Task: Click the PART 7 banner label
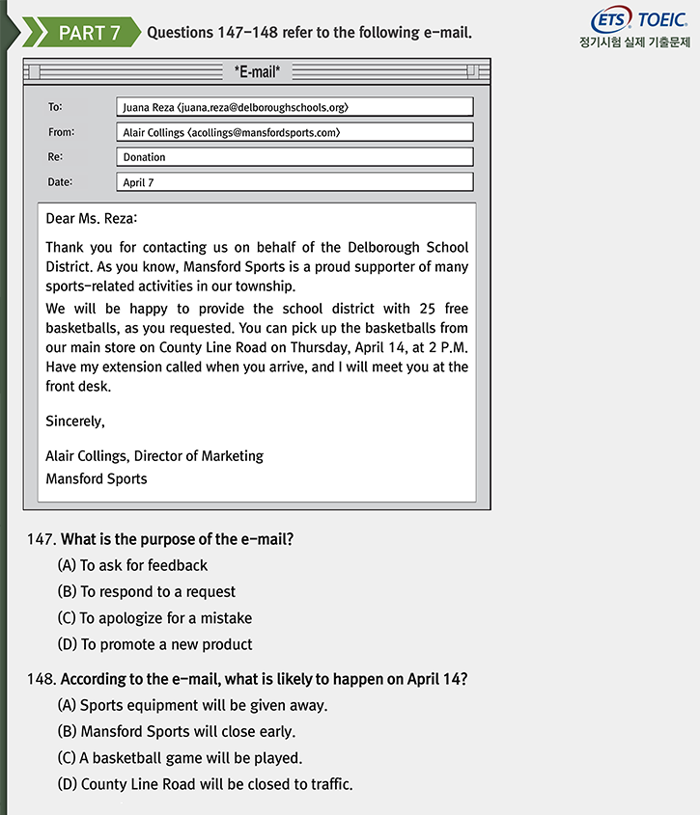click(89, 33)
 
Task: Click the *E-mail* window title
click(257, 71)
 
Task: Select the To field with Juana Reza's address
click(294, 107)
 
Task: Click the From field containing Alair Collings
click(294, 132)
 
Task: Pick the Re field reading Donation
click(294, 157)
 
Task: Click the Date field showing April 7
click(294, 182)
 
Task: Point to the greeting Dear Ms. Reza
click(92, 219)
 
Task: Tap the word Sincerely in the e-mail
click(75, 421)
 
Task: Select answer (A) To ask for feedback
click(132, 565)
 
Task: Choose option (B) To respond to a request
click(146, 591)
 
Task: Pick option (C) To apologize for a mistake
click(154, 618)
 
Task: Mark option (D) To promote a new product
click(154, 644)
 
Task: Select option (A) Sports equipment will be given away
click(192, 705)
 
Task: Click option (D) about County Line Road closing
click(205, 784)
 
